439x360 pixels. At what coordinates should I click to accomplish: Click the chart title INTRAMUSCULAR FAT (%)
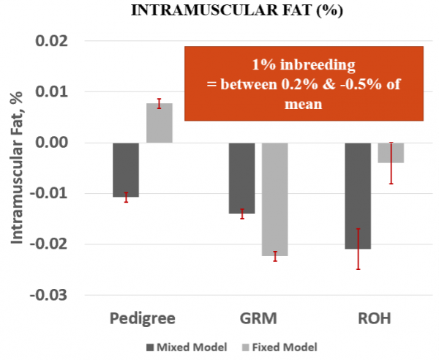tap(219, 12)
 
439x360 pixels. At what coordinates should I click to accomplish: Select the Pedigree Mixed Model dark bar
tap(125, 170)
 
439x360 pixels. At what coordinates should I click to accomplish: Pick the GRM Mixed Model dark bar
tap(241, 178)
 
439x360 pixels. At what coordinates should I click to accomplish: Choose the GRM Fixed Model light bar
tap(275, 199)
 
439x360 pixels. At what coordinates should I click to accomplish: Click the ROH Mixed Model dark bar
tap(358, 195)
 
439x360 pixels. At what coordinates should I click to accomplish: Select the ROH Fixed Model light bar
tap(391, 152)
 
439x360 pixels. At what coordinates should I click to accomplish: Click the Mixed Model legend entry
tap(187, 347)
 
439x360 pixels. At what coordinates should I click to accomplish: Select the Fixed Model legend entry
tap(279, 347)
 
